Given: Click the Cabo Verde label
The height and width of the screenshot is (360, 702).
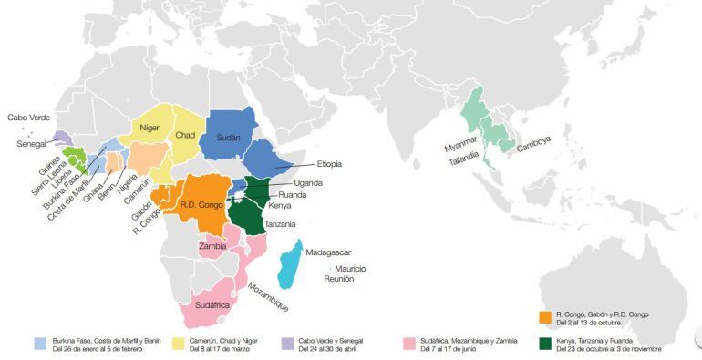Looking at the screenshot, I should [29, 118].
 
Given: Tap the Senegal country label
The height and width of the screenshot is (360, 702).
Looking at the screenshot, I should [33, 144].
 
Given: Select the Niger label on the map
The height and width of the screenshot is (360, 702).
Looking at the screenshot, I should [150, 128].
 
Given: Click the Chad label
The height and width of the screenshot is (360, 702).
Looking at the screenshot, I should [185, 136].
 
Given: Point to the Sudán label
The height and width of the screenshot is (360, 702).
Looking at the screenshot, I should [228, 139].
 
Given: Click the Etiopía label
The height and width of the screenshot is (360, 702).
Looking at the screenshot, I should [329, 164].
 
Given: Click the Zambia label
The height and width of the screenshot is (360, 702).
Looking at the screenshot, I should [212, 247].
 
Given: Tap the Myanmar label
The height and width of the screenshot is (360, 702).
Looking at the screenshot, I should [461, 148].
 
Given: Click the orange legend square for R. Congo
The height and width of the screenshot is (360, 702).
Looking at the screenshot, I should [545, 317].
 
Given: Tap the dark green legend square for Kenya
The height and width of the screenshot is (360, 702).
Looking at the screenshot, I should [545, 344].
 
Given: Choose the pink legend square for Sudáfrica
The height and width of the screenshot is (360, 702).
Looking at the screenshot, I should [408, 344].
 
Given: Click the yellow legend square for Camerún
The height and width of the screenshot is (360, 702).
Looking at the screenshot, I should [179, 344].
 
